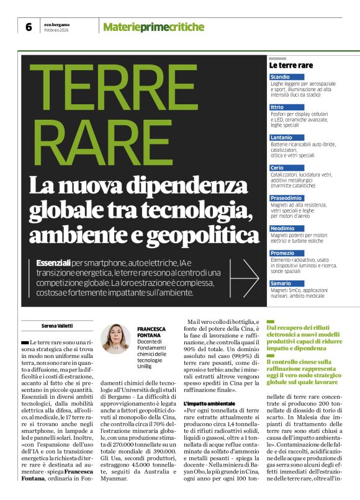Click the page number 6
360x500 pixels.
[x=29, y=26]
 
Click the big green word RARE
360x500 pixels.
[x=96, y=145]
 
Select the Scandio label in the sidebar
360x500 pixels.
[x=281, y=77]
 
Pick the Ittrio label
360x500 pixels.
[x=277, y=107]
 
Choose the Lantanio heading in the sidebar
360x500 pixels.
[x=282, y=138]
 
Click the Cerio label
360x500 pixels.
[x=277, y=167]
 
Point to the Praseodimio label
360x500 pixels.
[x=287, y=198]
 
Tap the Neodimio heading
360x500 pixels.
[x=283, y=228]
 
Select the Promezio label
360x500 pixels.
[x=282, y=253]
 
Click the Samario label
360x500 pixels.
[x=281, y=283]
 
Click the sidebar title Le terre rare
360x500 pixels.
[x=290, y=65]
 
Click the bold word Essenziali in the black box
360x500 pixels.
[x=53, y=264]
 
